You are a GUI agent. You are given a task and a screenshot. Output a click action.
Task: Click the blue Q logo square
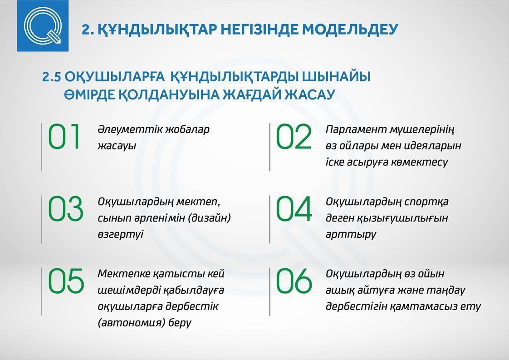tap(43, 26)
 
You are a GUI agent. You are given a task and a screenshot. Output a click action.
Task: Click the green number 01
tap(64, 137)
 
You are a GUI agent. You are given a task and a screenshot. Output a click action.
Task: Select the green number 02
tap(294, 137)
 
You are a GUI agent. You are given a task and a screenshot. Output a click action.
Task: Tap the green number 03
tap(66, 209)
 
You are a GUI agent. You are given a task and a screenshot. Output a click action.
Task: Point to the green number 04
tap(294, 209)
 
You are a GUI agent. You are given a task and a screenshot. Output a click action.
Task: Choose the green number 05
tap(66, 281)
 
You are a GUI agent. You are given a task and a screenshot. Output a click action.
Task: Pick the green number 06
tap(294, 281)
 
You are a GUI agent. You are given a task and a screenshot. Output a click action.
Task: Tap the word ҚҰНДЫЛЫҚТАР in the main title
tap(157, 30)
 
